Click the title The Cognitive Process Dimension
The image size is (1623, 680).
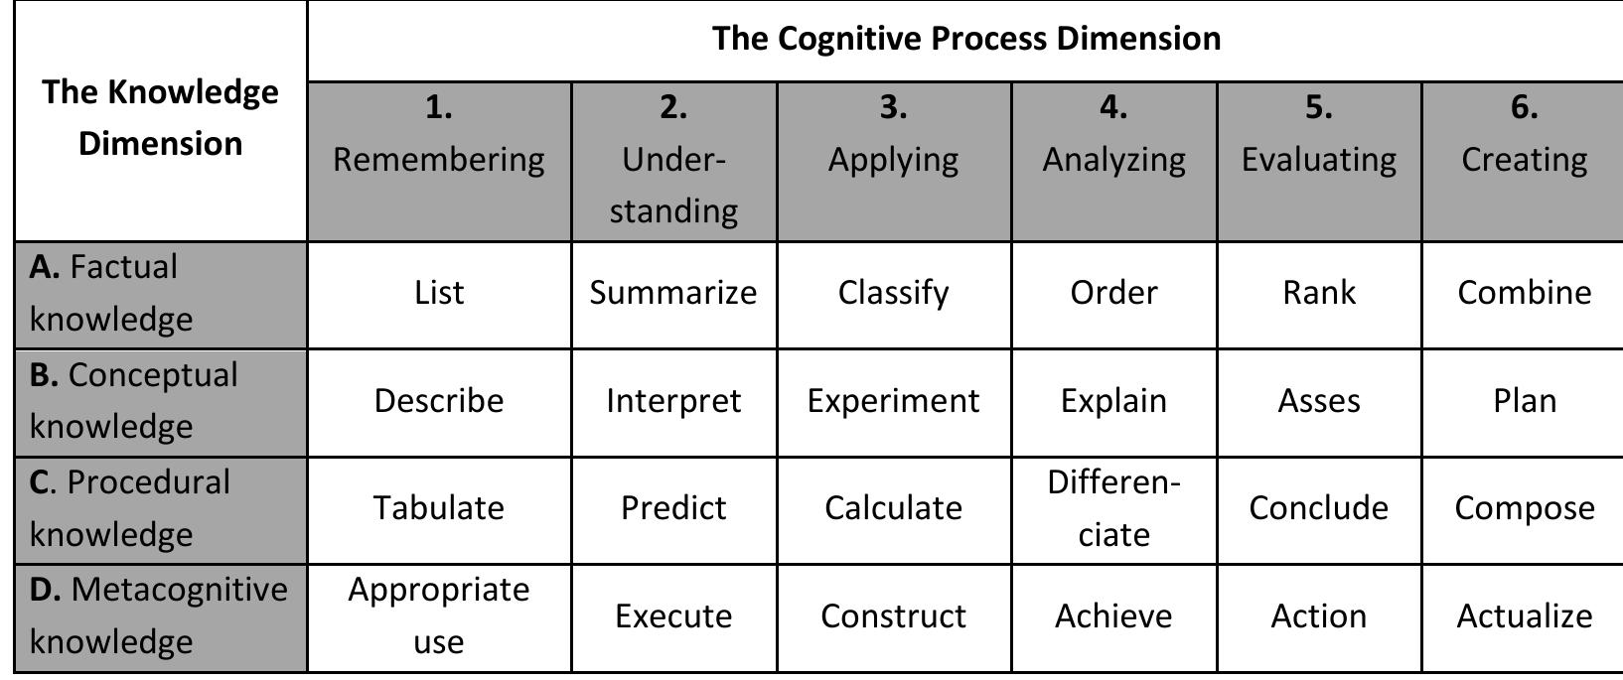[965, 39]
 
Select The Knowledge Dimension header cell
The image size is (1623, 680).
[160, 117]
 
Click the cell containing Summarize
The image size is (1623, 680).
[673, 293]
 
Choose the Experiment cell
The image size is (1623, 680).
[893, 401]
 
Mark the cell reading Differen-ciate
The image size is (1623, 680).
[1113, 508]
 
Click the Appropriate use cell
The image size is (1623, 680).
[439, 615]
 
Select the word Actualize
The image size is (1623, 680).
[1524, 616]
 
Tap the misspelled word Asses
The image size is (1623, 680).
[1318, 401]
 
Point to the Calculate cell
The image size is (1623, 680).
[893, 508]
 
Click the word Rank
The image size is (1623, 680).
[1318, 293]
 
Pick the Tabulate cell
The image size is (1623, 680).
[439, 508]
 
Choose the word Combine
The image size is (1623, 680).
[1524, 293]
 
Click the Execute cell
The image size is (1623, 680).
[673, 616]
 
